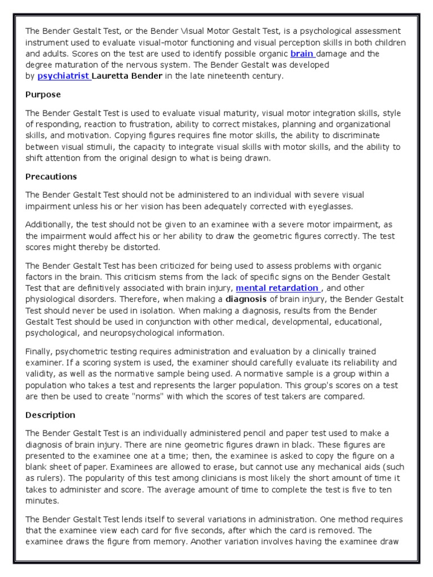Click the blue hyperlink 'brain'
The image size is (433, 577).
pyautogui.click(x=302, y=54)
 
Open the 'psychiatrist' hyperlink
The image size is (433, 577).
pyautogui.click(x=64, y=76)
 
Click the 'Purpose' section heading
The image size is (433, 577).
pyautogui.click(x=43, y=95)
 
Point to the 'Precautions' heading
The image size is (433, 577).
pyautogui.click(x=51, y=176)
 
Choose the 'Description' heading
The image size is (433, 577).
pyautogui.click(x=50, y=415)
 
